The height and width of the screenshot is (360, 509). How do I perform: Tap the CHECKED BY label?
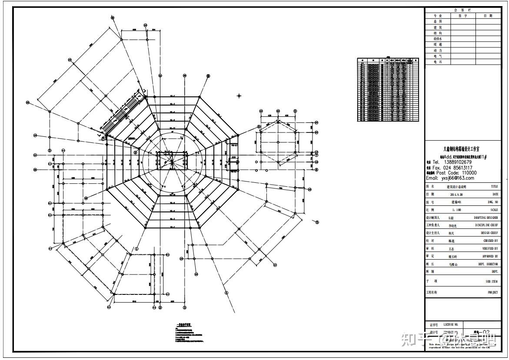[490, 241]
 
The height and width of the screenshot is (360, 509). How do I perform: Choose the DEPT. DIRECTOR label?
[488, 264]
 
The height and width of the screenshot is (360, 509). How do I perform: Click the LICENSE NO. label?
[450, 324]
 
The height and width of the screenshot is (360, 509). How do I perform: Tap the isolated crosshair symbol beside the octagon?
[239, 95]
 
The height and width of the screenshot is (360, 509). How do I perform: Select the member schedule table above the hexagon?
[388, 89]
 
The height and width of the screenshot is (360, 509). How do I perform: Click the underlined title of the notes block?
[183, 324]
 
